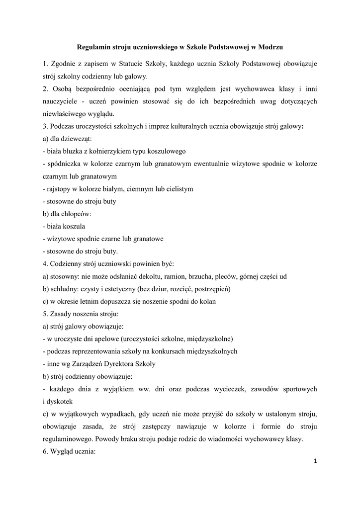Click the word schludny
[x=65, y=289]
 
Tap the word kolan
[x=206, y=301]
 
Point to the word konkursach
[x=172, y=351]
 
